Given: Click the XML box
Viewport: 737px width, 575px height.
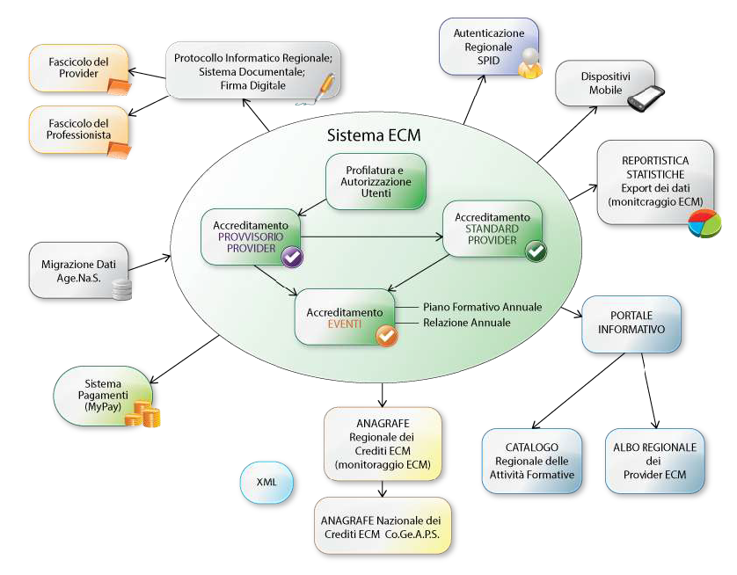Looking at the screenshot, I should (266, 483).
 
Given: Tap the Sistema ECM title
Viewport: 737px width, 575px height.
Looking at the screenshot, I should (374, 135).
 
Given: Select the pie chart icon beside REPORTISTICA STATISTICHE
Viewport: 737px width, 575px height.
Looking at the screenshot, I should (704, 223).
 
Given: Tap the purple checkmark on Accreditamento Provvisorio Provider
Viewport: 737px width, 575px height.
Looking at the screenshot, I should (292, 256).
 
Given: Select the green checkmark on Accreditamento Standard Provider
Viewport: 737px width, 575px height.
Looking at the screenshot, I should (535, 251).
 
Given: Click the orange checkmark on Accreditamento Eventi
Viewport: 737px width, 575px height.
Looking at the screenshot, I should (385, 335).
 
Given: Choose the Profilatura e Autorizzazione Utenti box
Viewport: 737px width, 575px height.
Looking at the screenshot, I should (376, 181).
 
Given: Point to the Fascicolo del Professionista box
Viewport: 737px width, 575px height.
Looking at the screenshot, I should (78, 130).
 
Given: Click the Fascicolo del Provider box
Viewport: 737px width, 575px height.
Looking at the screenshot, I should (78, 68).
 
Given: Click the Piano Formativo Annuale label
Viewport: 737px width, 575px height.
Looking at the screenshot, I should (482, 307).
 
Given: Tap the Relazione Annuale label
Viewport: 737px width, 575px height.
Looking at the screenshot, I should (466, 323).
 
